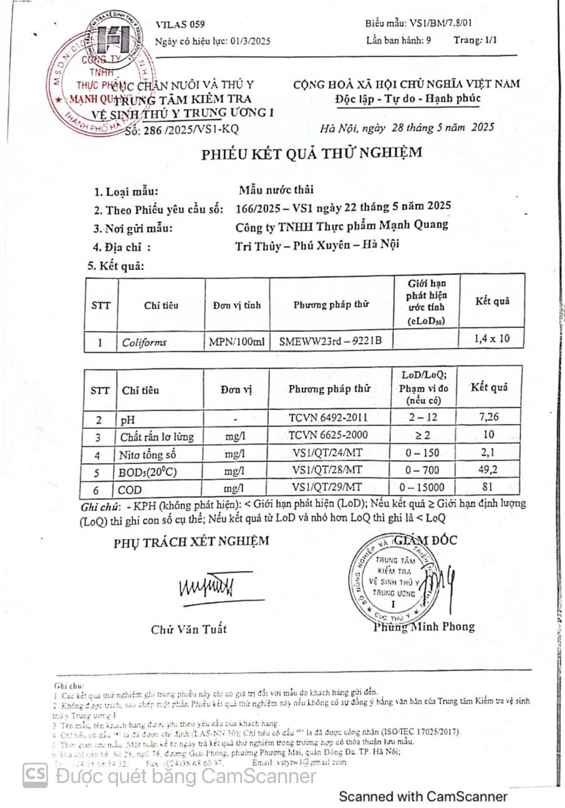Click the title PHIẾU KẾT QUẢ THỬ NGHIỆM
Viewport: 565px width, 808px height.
coord(311,153)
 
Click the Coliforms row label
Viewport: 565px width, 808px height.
coord(145,342)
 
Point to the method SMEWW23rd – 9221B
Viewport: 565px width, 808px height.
coord(331,341)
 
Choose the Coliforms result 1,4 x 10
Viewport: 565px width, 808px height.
coord(492,339)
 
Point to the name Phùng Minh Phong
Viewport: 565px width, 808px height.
coord(424,627)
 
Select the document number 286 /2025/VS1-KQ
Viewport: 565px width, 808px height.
coord(181,131)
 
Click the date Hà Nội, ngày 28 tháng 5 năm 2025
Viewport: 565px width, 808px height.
coord(407,128)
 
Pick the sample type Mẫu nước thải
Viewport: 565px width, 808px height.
coord(276,190)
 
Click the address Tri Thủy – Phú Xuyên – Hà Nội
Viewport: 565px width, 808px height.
coord(318,244)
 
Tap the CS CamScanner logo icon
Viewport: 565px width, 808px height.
coord(36,775)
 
